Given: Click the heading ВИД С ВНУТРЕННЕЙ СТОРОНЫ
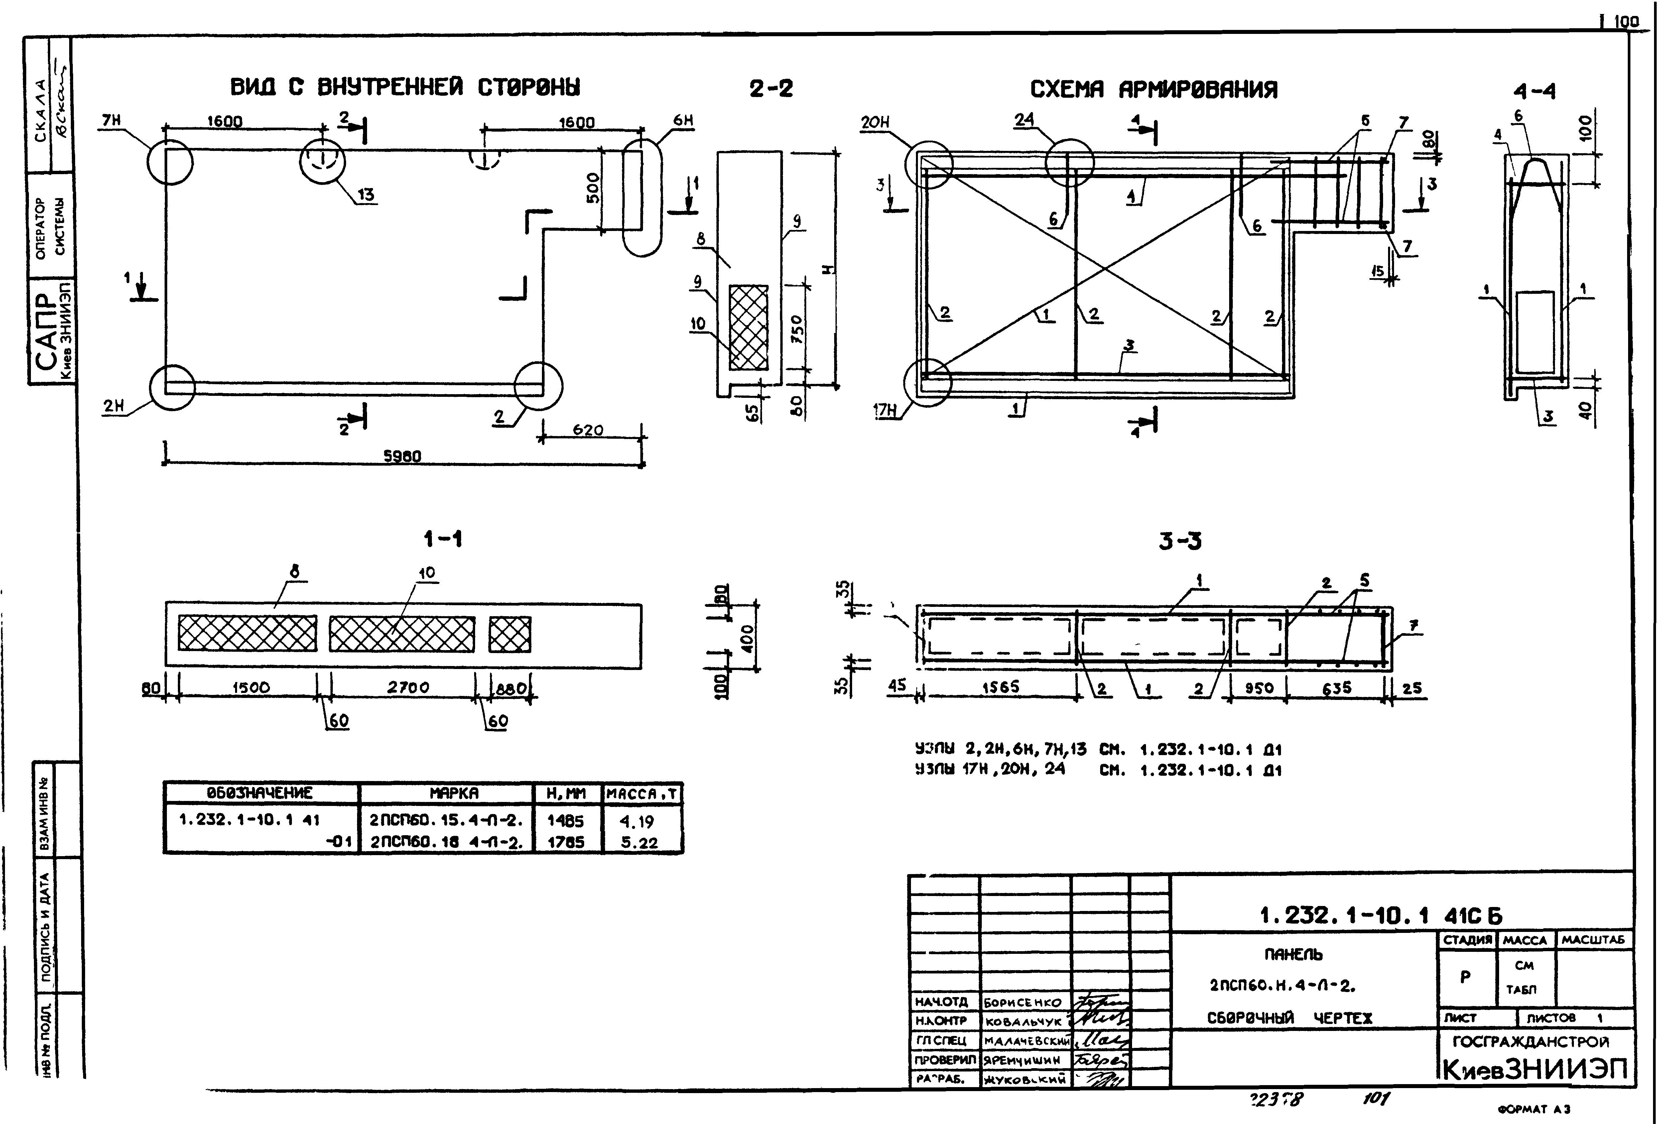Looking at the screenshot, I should click(x=405, y=87).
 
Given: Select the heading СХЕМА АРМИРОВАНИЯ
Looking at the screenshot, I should click(x=1153, y=89).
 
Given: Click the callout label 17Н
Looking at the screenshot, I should click(x=885, y=410).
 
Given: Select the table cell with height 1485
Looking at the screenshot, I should click(x=565, y=821).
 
